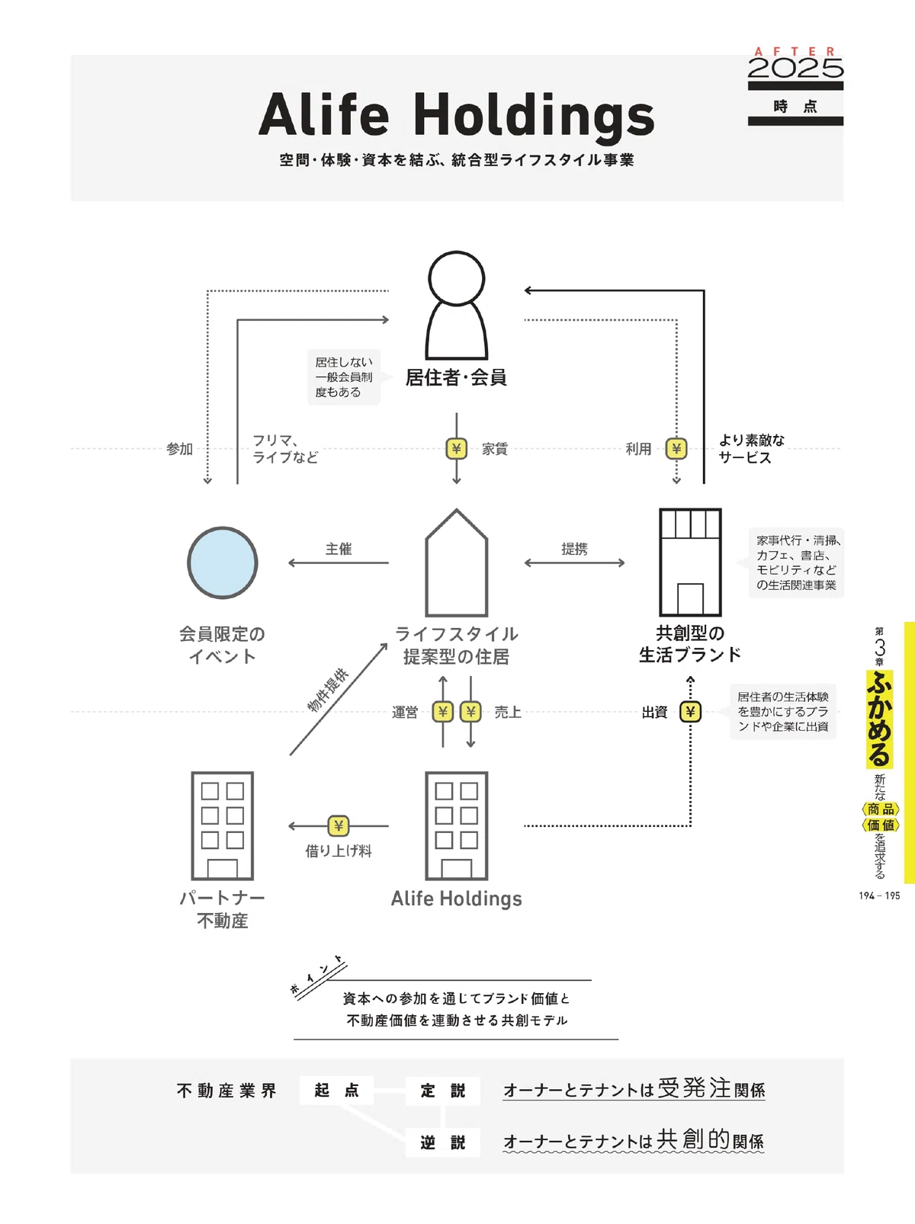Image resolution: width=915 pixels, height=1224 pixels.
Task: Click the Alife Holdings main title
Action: pyautogui.click(x=457, y=116)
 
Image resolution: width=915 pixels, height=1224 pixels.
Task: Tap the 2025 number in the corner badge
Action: pyautogui.click(x=795, y=69)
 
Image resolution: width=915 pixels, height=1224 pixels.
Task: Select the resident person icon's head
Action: pyautogui.click(x=457, y=278)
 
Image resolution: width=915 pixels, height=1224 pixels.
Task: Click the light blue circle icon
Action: pyautogui.click(x=223, y=562)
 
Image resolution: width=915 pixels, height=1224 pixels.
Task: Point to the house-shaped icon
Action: pyautogui.click(x=457, y=562)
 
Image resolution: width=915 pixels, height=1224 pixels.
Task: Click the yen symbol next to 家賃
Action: pyautogui.click(x=457, y=448)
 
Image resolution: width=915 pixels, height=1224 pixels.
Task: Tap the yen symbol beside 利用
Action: pyautogui.click(x=676, y=448)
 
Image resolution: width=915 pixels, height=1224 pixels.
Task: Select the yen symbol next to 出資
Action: pyautogui.click(x=690, y=712)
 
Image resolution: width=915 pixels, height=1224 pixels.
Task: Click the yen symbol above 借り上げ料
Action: pyautogui.click(x=338, y=826)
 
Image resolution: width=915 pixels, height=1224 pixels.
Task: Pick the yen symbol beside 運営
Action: pyautogui.click(x=443, y=712)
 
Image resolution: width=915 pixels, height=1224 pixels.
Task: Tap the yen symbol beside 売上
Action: pyautogui.click(x=470, y=712)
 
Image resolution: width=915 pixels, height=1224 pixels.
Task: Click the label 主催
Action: pyautogui.click(x=339, y=550)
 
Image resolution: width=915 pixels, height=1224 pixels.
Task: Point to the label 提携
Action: pyautogui.click(x=574, y=550)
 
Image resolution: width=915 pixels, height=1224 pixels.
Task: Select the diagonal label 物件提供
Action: pyautogui.click(x=328, y=689)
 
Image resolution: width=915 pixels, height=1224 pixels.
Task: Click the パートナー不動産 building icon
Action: pyautogui.click(x=223, y=826)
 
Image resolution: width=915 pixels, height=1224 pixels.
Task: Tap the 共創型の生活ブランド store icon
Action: pyautogui.click(x=690, y=562)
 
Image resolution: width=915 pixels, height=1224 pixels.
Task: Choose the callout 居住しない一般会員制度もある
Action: pyautogui.click(x=344, y=377)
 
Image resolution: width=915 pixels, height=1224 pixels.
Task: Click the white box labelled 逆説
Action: pyautogui.click(x=443, y=1142)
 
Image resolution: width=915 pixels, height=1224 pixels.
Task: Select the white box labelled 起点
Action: pyautogui.click(x=336, y=1090)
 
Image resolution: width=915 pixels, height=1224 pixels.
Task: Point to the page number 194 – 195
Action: pyautogui.click(x=879, y=896)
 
